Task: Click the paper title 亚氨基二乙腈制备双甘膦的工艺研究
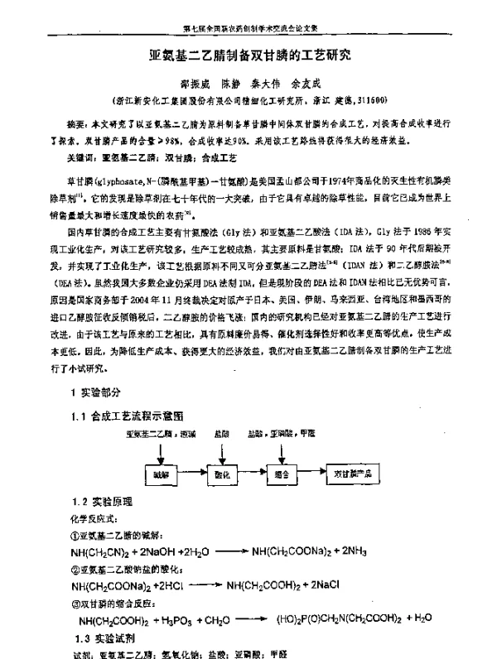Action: tap(249, 57)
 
